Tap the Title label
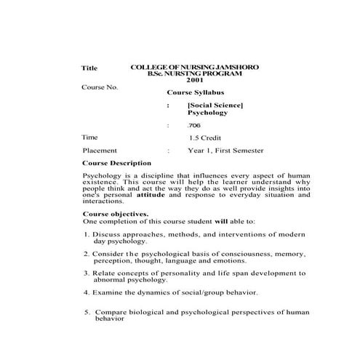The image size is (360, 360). click(x=89, y=68)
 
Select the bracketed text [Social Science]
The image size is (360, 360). click(x=215, y=106)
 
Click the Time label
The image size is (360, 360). click(x=89, y=137)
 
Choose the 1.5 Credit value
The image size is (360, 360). click(x=207, y=137)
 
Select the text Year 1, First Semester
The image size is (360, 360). click(x=225, y=151)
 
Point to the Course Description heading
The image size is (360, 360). click(x=117, y=164)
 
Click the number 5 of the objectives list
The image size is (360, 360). click(x=87, y=311)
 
